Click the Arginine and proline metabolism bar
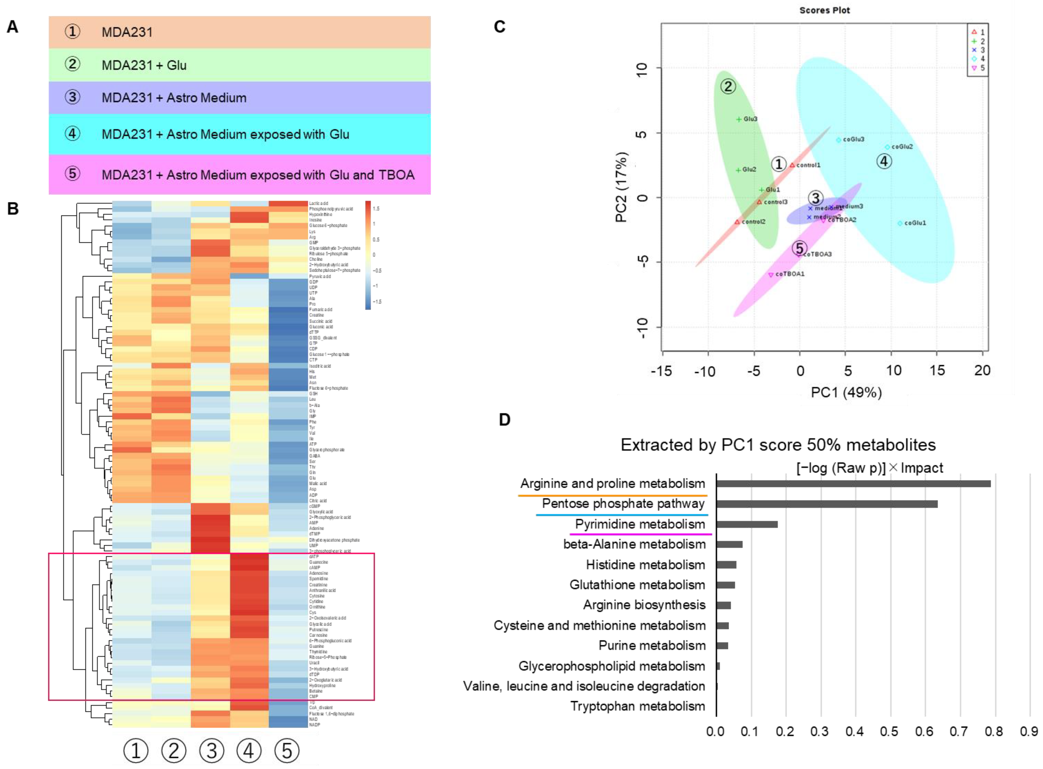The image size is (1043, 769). click(x=852, y=484)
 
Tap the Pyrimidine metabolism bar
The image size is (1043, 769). click(x=746, y=524)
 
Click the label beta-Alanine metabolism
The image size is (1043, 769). click(x=634, y=544)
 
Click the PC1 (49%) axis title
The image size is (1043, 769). click(x=846, y=392)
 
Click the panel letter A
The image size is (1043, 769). click(x=13, y=27)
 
